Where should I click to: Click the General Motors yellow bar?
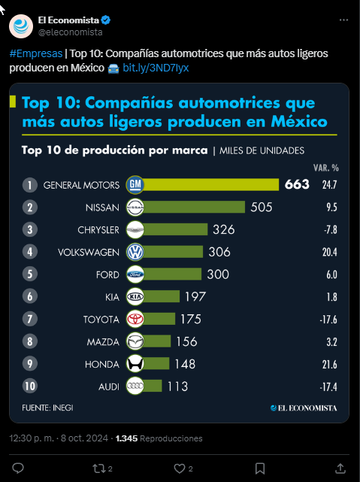pos(210,185)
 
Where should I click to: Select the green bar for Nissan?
pos(194,207)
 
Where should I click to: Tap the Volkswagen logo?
pos(135,252)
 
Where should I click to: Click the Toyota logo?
pos(135,319)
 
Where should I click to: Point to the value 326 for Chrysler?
pos(224,229)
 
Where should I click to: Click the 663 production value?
pos(297,184)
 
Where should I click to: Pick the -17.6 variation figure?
pos(328,320)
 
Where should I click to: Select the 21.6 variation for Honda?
pos(330,365)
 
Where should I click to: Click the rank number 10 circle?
pos(30,386)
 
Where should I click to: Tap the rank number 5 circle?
pos(30,274)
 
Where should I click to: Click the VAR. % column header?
pos(326,168)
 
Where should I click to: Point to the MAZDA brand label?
pos(103,342)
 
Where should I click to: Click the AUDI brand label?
pos(109,387)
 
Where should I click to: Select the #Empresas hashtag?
pos(36,53)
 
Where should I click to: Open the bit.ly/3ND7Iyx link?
pos(156,68)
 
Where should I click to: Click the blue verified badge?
pos(106,20)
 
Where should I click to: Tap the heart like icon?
pos(180,468)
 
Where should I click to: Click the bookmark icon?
pos(260,468)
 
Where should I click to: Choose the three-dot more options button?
pos(343,20)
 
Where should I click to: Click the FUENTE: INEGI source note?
pos(47,408)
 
